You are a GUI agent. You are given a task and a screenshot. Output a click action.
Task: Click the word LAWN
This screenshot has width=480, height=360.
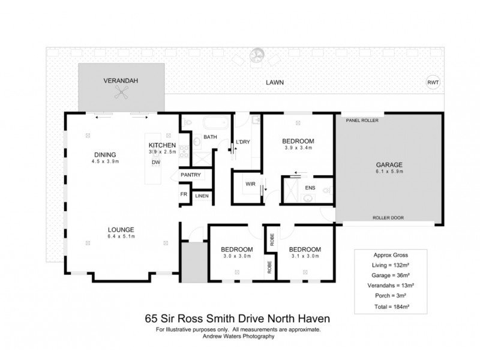click(x=275, y=82)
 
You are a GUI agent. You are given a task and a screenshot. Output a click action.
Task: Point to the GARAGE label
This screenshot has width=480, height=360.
click(x=389, y=164)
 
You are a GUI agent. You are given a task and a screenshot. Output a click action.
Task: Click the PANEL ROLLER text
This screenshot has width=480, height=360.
click(x=362, y=120)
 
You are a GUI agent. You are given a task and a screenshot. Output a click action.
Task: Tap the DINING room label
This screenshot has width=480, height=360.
click(x=104, y=154)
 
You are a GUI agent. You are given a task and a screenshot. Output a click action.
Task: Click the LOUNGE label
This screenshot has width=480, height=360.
click(x=121, y=230)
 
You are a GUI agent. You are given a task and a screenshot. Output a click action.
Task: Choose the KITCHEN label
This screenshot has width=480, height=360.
click(x=162, y=145)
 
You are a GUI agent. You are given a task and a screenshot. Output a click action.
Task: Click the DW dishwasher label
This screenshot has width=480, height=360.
click(x=155, y=162)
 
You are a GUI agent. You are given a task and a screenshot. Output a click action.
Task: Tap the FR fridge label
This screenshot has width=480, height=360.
click(x=184, y=195)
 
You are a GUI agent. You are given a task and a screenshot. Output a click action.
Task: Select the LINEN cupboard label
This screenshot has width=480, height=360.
click(x=202, y=196)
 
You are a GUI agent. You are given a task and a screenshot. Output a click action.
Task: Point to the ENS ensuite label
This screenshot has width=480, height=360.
click(x=310, y=188)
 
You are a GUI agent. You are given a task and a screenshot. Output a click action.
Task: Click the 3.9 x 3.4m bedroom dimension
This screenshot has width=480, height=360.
click(x=298, y=148)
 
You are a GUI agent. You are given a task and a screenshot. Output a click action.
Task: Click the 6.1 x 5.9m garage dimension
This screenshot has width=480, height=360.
click(x=389, y=172)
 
